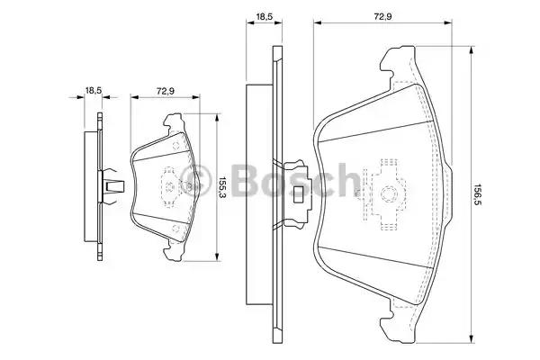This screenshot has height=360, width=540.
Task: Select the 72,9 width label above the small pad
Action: (166, 92)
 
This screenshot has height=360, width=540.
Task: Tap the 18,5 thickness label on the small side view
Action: (93, 90)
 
